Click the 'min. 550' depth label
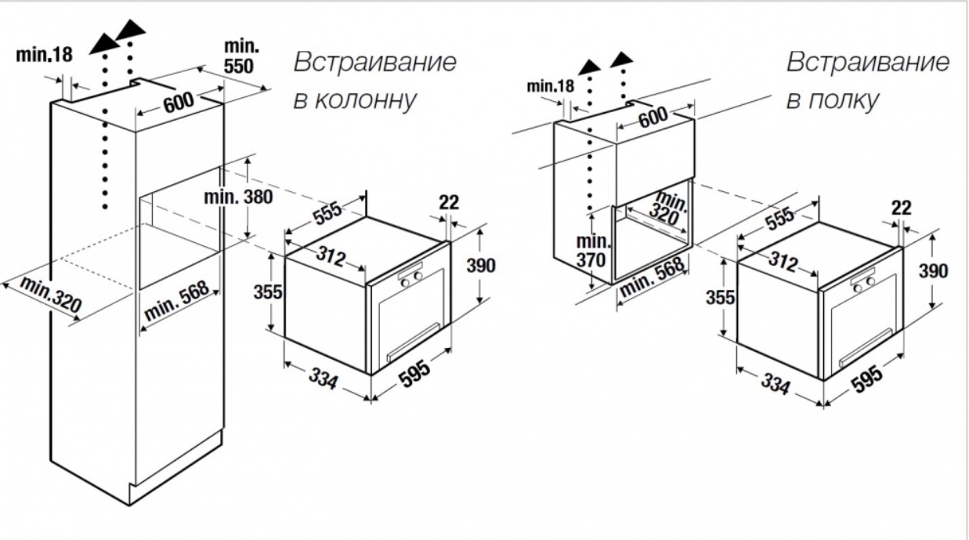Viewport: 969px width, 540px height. (x=241, y=56)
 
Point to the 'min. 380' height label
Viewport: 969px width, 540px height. (x=238, y=198)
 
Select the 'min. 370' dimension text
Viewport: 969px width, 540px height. (x=592, y=252)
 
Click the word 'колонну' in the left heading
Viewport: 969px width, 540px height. (x=365, y=100)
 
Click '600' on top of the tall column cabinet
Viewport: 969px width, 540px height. (x=179, y=102)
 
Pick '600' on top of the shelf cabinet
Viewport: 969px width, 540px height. (x=653, y=117)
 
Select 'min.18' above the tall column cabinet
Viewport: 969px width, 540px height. (x=44, y=55)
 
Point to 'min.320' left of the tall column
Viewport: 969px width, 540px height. (x=51, y=294)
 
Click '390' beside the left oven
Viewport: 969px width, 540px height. (x=481, y=265)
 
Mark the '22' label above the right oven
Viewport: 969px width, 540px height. (x=902, y=208)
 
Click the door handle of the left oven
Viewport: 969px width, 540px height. (x=414, y=342)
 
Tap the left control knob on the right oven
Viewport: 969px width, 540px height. (x=858, y=288)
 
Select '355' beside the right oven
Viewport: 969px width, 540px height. (x=720, y=297)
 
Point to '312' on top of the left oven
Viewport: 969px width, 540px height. (x=331, y=256)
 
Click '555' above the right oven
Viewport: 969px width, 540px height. (x=780, y=219)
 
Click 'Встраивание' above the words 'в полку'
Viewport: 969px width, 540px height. (x=868, y=62)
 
